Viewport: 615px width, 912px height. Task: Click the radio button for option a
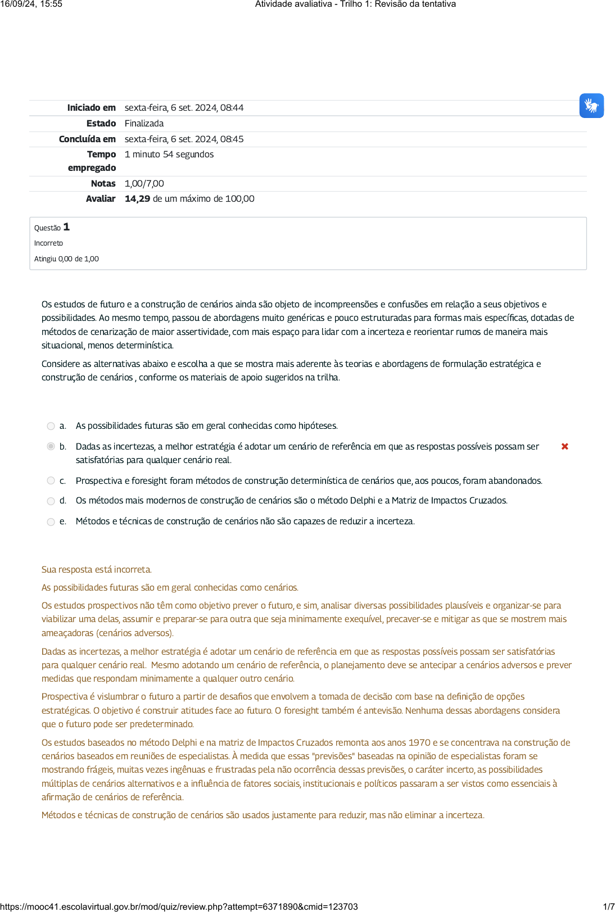(51, 426)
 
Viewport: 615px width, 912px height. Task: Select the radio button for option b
(51, 446)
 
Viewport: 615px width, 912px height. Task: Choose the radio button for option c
(51, 480)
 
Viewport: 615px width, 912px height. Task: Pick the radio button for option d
(51, 501)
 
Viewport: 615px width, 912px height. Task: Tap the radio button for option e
(51, 521)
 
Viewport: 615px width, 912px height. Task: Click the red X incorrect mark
(565, 446)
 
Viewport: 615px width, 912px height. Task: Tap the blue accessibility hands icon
(591, 106)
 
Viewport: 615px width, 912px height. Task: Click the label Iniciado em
(91, 108)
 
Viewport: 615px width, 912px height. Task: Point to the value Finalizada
(144, 124)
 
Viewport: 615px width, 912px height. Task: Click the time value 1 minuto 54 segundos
(169, 155)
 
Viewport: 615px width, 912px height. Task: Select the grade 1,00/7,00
(144, 184)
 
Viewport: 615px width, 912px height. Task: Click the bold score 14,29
(137, 199)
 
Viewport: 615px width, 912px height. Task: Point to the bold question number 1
(66, 227)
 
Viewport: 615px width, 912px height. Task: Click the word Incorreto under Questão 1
(48, 243)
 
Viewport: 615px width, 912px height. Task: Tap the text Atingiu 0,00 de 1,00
(66, 259)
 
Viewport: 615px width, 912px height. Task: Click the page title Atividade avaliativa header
(355, 4)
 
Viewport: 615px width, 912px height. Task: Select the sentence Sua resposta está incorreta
(96, 570)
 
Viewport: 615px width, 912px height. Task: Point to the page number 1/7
(608, 906)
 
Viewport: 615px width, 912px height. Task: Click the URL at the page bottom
(179, 906)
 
